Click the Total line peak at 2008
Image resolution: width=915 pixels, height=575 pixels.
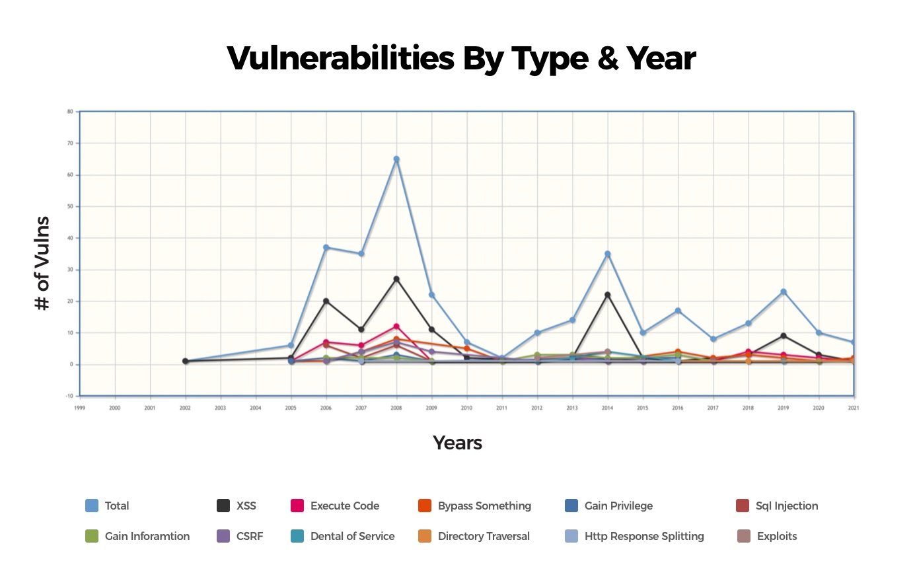point(396,159)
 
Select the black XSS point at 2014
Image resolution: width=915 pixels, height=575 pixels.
point(607,295)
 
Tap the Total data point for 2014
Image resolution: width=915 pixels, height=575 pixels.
point(607,254)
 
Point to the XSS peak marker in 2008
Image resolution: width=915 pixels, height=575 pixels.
point(396,279)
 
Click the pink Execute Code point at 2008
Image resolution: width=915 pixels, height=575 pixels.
point(396,326)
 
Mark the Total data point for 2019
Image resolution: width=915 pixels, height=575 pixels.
point(784,291)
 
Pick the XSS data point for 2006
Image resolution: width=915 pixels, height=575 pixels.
point(326,301)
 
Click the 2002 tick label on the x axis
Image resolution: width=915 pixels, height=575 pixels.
point(185,408)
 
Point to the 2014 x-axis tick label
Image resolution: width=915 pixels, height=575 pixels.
point(607,408)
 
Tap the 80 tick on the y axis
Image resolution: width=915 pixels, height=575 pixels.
point(70,112)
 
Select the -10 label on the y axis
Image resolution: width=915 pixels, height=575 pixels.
point(69,396)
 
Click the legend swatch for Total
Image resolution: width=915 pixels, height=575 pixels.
point(92,506)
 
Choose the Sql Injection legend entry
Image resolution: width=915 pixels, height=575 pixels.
point(786,506)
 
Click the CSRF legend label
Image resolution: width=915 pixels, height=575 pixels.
point(250,536)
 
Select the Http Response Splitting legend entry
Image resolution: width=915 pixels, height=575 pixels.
point(643,536)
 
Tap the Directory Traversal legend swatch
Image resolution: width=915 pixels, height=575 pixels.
point(425,536)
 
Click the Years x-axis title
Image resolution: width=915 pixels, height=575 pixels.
point(457,443)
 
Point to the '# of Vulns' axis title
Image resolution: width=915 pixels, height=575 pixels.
point(42,263)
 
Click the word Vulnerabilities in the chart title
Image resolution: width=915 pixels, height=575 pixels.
point(340,58)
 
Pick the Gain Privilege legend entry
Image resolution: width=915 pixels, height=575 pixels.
point(618,506)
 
